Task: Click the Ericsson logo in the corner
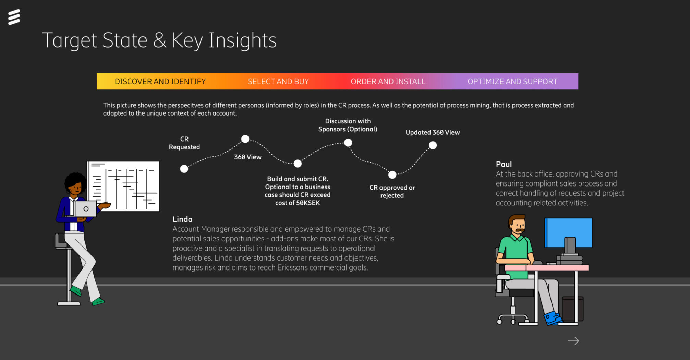coord(14,17)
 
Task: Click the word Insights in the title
coord(242,40)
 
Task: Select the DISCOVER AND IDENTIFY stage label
coord(160,82)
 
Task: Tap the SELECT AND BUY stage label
coord(278,82)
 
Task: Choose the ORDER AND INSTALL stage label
coord(388,82)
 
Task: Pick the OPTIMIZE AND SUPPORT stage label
coord(512,82)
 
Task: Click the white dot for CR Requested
coord(184,169)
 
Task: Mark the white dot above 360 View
coord(245,139)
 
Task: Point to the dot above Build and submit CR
coord(298,164)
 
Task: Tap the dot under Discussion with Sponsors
coord(348,143)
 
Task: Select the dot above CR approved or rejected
coord(392,175)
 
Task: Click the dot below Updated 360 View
coord(433,145)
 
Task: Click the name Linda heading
coord(182,219)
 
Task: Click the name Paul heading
coord(504,164)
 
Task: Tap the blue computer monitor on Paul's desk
coord(568,233)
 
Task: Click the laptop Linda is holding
coord(85,208)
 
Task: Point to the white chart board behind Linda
coord(123,186)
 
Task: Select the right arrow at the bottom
coord(573,341)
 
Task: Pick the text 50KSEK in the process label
coord(308,203)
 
